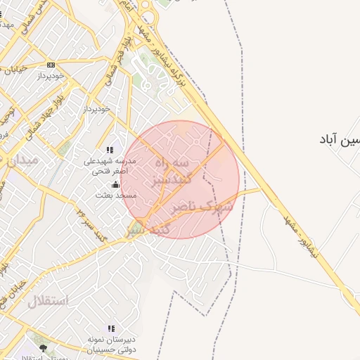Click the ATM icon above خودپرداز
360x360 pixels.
point(51,65)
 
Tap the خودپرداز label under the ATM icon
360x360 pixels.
point(51,75)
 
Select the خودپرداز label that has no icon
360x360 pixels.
point(96,109)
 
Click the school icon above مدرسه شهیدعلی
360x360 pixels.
point(110,150)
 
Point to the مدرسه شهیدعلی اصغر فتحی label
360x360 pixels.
point(108,165)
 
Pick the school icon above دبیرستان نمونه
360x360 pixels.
point(110,328)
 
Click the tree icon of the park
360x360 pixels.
point(43,348)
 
